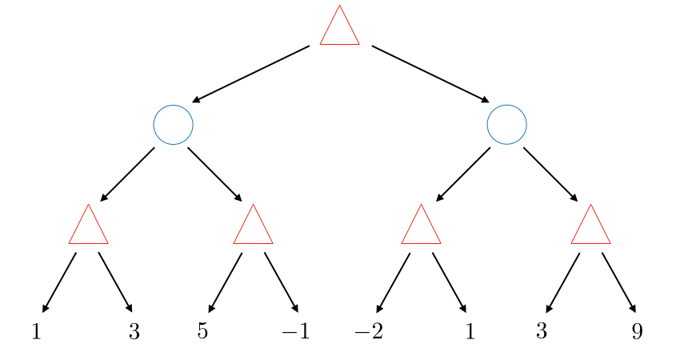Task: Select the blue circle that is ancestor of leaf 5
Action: pos(173,125)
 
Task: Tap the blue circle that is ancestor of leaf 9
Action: pos(506,125)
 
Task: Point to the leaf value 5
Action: pos(202,331)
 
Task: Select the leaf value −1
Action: pos(295,331)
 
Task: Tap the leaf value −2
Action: pos(368,331)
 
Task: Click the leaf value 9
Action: pos(637,331)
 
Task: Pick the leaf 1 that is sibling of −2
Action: pos(470,331)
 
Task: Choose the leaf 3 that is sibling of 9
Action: pos(542,331)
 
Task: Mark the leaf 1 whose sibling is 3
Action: pos(36,331)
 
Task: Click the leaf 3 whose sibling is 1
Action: pos(134,331)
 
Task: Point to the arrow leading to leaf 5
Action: pos(225,282)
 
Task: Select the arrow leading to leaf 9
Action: pos(618,282)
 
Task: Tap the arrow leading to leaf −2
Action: pos(393,282)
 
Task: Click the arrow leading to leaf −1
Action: pos(282,282)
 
